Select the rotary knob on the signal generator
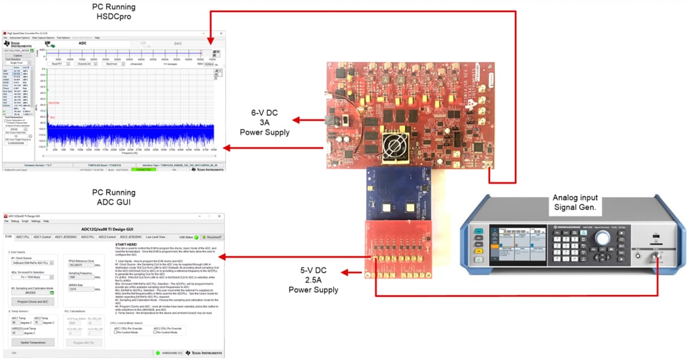[603, 238]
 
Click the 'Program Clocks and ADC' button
[29, 302]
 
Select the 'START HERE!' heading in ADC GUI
[126, 245]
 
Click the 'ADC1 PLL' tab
[23, 236]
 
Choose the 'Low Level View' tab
[156, 236]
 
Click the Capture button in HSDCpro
[18, 56]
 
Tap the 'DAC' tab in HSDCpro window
[178, 43]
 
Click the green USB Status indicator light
[196, 236]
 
